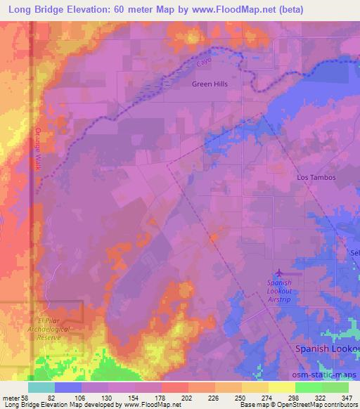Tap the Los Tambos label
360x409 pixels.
[x=316, y=178]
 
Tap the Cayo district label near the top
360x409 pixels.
[x=204, y=63]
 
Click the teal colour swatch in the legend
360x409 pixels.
[x=41, y=387]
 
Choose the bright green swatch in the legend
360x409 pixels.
[x=309, y=387]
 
